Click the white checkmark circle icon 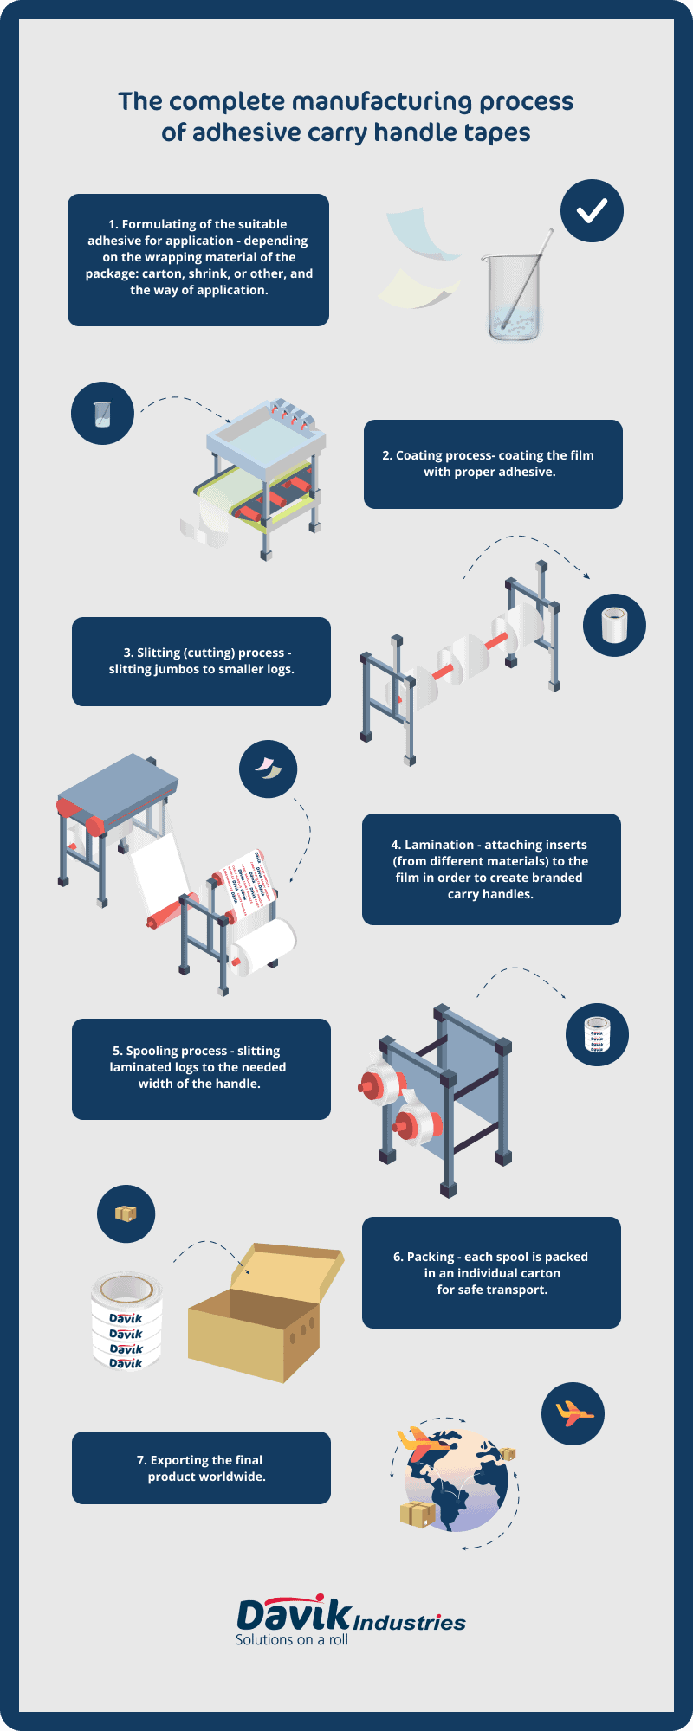tap(592, 210)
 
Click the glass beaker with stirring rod tap(514, 295)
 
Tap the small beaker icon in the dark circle tap(102, 414)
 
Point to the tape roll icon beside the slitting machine tap(614, 625)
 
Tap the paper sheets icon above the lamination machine tap(268, 769)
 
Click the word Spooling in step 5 tap(155, 1051)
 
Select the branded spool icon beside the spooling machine tap(597, 1034)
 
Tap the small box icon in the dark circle tap(126, 1213)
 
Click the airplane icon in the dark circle tap(573, 1414)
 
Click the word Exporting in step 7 tap(179, 1460)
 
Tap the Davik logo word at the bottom tap(294, 1615)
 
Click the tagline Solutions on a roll tap(291, 1640)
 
